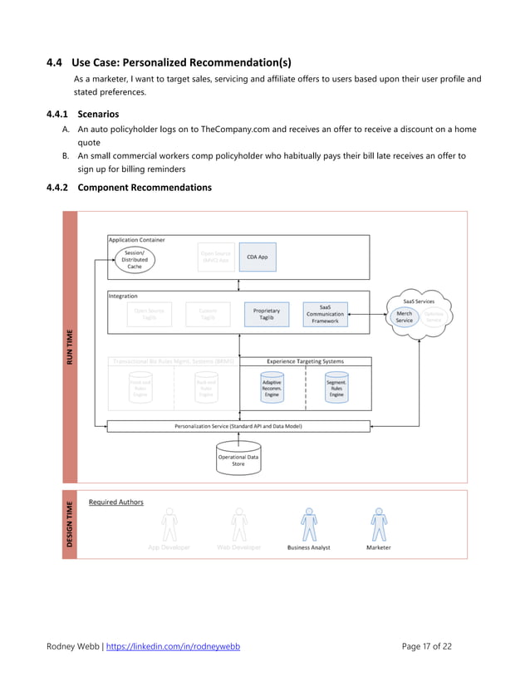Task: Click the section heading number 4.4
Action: click(55, 61)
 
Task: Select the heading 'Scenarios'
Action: click(97, 114)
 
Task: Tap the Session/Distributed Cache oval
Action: click(134, 259)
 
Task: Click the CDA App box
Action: click(257, 257)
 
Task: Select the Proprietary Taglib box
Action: click(266, 314)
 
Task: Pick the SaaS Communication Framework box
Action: click(325, 314)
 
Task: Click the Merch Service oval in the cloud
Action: click(404, 316)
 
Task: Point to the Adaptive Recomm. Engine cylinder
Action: click(271, 387)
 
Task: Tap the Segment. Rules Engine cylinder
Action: click(336, 387)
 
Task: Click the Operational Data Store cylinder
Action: click(238, 459)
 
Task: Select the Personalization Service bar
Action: click(238, 426)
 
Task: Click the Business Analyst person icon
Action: click(309, 527)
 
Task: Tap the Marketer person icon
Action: click(379, 527)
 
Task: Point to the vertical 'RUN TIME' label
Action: click(71, 347)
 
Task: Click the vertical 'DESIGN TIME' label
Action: click(71, 524)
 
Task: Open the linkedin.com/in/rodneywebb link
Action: click(175, 646)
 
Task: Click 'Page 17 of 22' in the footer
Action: click(426, 646)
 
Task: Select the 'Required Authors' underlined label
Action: click(115, 502)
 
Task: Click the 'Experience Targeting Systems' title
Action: click(305, 361)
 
